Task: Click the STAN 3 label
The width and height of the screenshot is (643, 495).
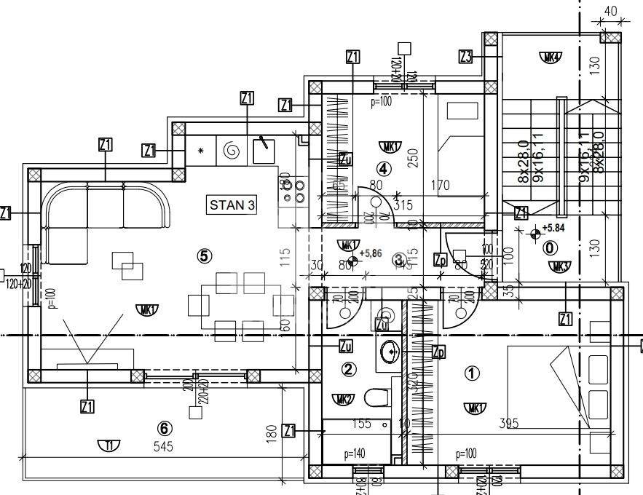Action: tap(232, 205)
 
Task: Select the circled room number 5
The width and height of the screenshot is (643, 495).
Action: tap(205, 255)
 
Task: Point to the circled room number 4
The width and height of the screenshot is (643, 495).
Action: tap(384, 168)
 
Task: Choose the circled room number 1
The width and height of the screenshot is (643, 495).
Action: tap(473, 373)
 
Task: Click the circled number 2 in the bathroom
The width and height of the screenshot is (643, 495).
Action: tap(350, 370)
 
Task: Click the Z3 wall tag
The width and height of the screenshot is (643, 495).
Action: tap(467, 56)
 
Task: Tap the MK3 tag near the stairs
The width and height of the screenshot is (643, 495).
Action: tap(560, 266)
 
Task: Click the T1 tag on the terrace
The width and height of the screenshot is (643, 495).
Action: tap(109, 446)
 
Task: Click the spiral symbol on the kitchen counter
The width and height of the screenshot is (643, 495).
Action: tap(232, 150)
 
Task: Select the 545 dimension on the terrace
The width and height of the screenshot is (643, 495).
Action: tap(164, 447)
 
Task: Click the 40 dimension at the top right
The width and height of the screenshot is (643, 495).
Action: tap(610, 11)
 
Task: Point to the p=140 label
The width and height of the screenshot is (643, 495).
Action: tap(354, 454)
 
